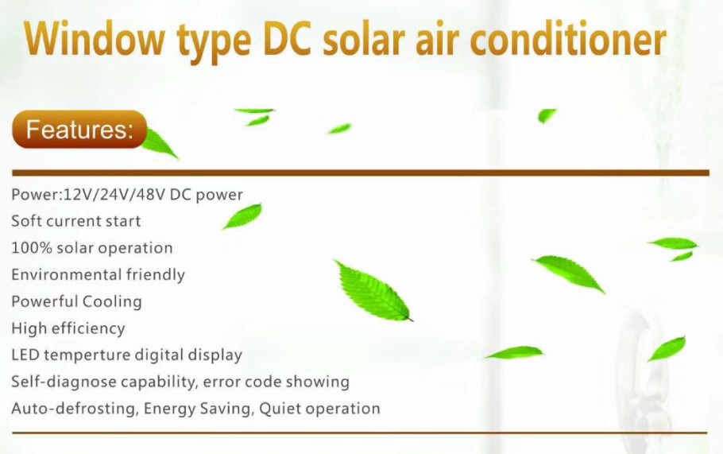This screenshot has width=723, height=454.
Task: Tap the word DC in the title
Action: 288,38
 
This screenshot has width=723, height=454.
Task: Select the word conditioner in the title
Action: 569,38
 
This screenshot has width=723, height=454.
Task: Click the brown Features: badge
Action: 79,129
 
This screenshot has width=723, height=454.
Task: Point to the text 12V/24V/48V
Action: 114,195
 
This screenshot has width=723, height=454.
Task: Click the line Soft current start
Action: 76,221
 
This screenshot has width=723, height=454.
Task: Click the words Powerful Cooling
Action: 76,301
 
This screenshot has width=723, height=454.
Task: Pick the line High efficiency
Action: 68,328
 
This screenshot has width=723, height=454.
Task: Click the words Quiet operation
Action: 319,409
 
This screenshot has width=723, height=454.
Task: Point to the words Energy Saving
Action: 199,409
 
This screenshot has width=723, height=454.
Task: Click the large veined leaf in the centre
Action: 373,291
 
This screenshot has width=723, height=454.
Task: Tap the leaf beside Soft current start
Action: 242,216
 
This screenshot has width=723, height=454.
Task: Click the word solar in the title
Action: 364,38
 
